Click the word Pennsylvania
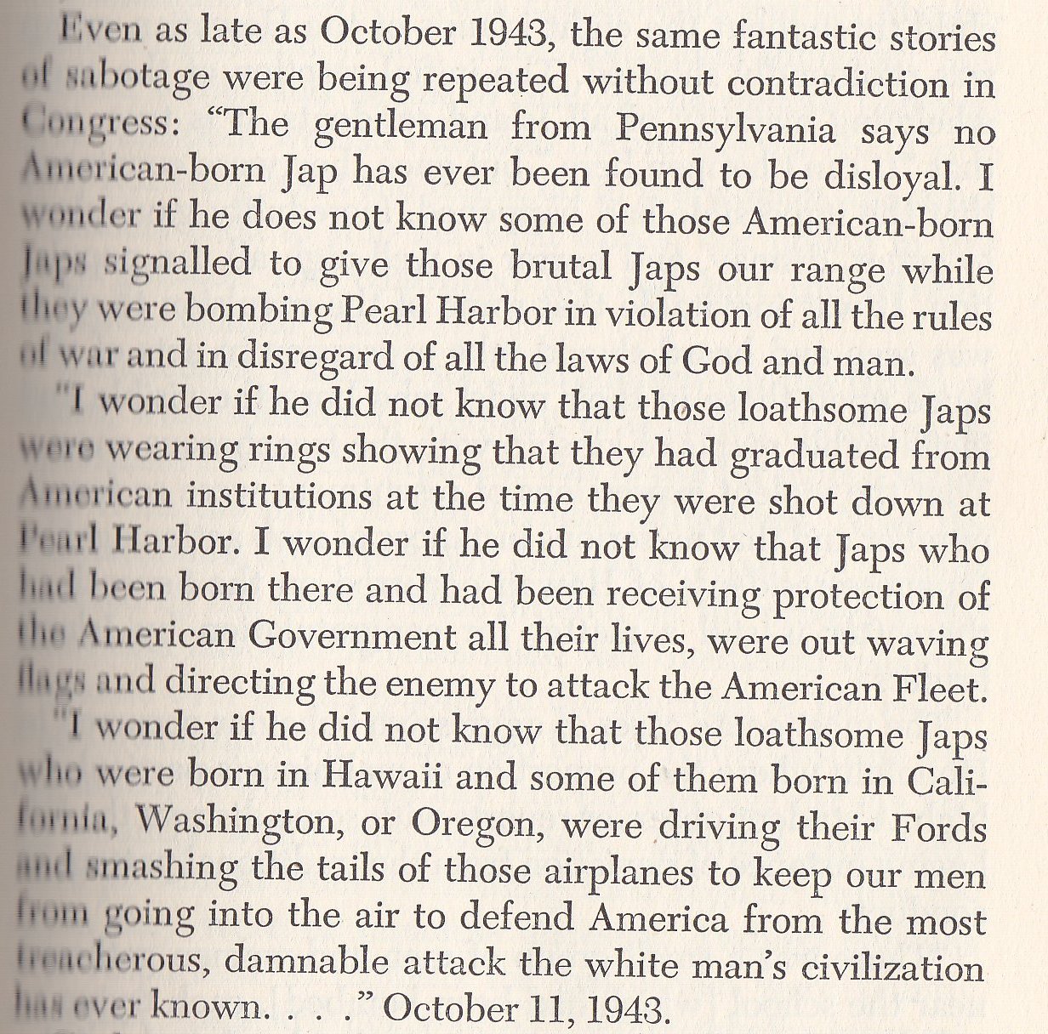726,129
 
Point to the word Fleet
948,685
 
